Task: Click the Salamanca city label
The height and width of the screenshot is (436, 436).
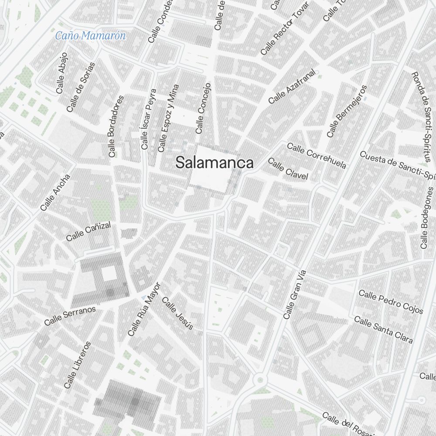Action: [x=214, y=163]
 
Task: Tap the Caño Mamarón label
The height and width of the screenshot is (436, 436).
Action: [x=90, y=36]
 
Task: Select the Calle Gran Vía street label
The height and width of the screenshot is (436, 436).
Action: [x=295, y=294]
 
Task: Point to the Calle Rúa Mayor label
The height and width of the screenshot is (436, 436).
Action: [x=144, y=309]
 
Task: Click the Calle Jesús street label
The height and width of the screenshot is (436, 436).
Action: [x=177, y=313]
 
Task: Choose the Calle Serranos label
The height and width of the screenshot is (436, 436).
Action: [x=70, y=316]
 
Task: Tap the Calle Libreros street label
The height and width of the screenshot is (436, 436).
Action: [x=77, y=365]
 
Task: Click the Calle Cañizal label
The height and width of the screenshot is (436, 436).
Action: [x=89, y=231]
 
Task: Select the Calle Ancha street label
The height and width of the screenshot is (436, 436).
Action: [x=55, y=193]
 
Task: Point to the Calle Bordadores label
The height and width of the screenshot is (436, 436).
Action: [x=116, y=126]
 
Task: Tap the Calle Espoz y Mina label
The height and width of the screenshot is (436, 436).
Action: [x=168, y=118]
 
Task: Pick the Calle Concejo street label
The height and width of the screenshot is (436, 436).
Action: [x=203, y=108]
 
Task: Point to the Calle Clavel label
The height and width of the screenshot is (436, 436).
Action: [x=288, y=169]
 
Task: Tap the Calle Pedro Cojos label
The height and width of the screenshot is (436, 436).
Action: [x=391, y=301]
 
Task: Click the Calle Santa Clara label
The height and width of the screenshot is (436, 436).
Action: [x=383, y=330]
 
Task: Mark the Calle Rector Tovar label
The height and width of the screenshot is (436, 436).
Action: [x=284, y=28]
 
